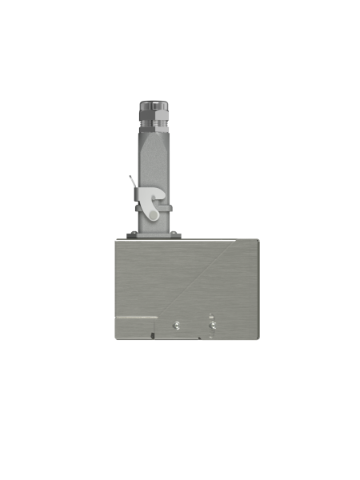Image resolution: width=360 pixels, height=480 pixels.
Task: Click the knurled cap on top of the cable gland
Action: click(154, 106)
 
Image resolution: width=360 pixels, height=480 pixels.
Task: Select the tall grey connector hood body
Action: click(154, 160)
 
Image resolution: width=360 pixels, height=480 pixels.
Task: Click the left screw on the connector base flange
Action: click(130, 234)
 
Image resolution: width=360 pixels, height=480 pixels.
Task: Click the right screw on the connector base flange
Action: click(178, 234)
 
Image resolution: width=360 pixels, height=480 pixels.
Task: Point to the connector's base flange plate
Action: click(154, 235)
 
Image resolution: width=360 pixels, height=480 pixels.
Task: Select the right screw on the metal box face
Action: click(213, 325)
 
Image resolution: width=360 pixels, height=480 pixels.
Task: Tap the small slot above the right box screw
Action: click(211, 314)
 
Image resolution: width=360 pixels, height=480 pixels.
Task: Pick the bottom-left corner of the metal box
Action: click(115, 338)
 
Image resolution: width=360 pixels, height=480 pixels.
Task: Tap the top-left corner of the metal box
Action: click(115, 240)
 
